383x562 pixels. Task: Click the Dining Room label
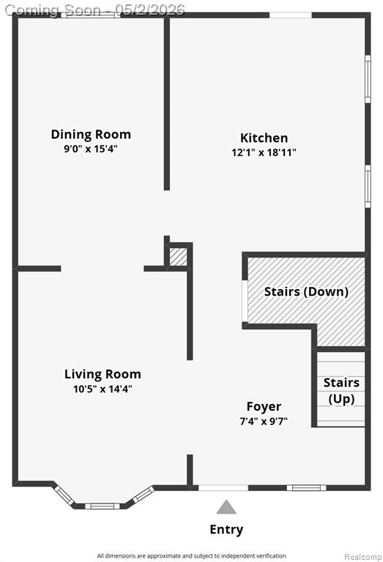91,135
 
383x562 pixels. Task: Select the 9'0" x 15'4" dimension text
91,149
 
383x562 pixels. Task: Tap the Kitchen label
264,138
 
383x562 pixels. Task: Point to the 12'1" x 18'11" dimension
264,152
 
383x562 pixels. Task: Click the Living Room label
103,374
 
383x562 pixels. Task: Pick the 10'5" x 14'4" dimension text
103,389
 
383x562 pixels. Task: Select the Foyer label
264,406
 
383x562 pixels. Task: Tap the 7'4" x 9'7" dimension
264,421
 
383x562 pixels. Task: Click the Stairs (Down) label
306,292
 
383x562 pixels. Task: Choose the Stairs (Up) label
341,391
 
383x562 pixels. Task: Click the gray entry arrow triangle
226,507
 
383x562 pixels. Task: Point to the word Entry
226,529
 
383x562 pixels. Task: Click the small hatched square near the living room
178,257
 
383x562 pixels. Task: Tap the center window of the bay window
103,506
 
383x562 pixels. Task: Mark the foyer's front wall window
306,487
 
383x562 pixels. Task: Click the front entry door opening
223,487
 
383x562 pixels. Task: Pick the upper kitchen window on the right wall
368,79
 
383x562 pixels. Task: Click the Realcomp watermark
363,557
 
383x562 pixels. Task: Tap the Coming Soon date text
95,10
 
